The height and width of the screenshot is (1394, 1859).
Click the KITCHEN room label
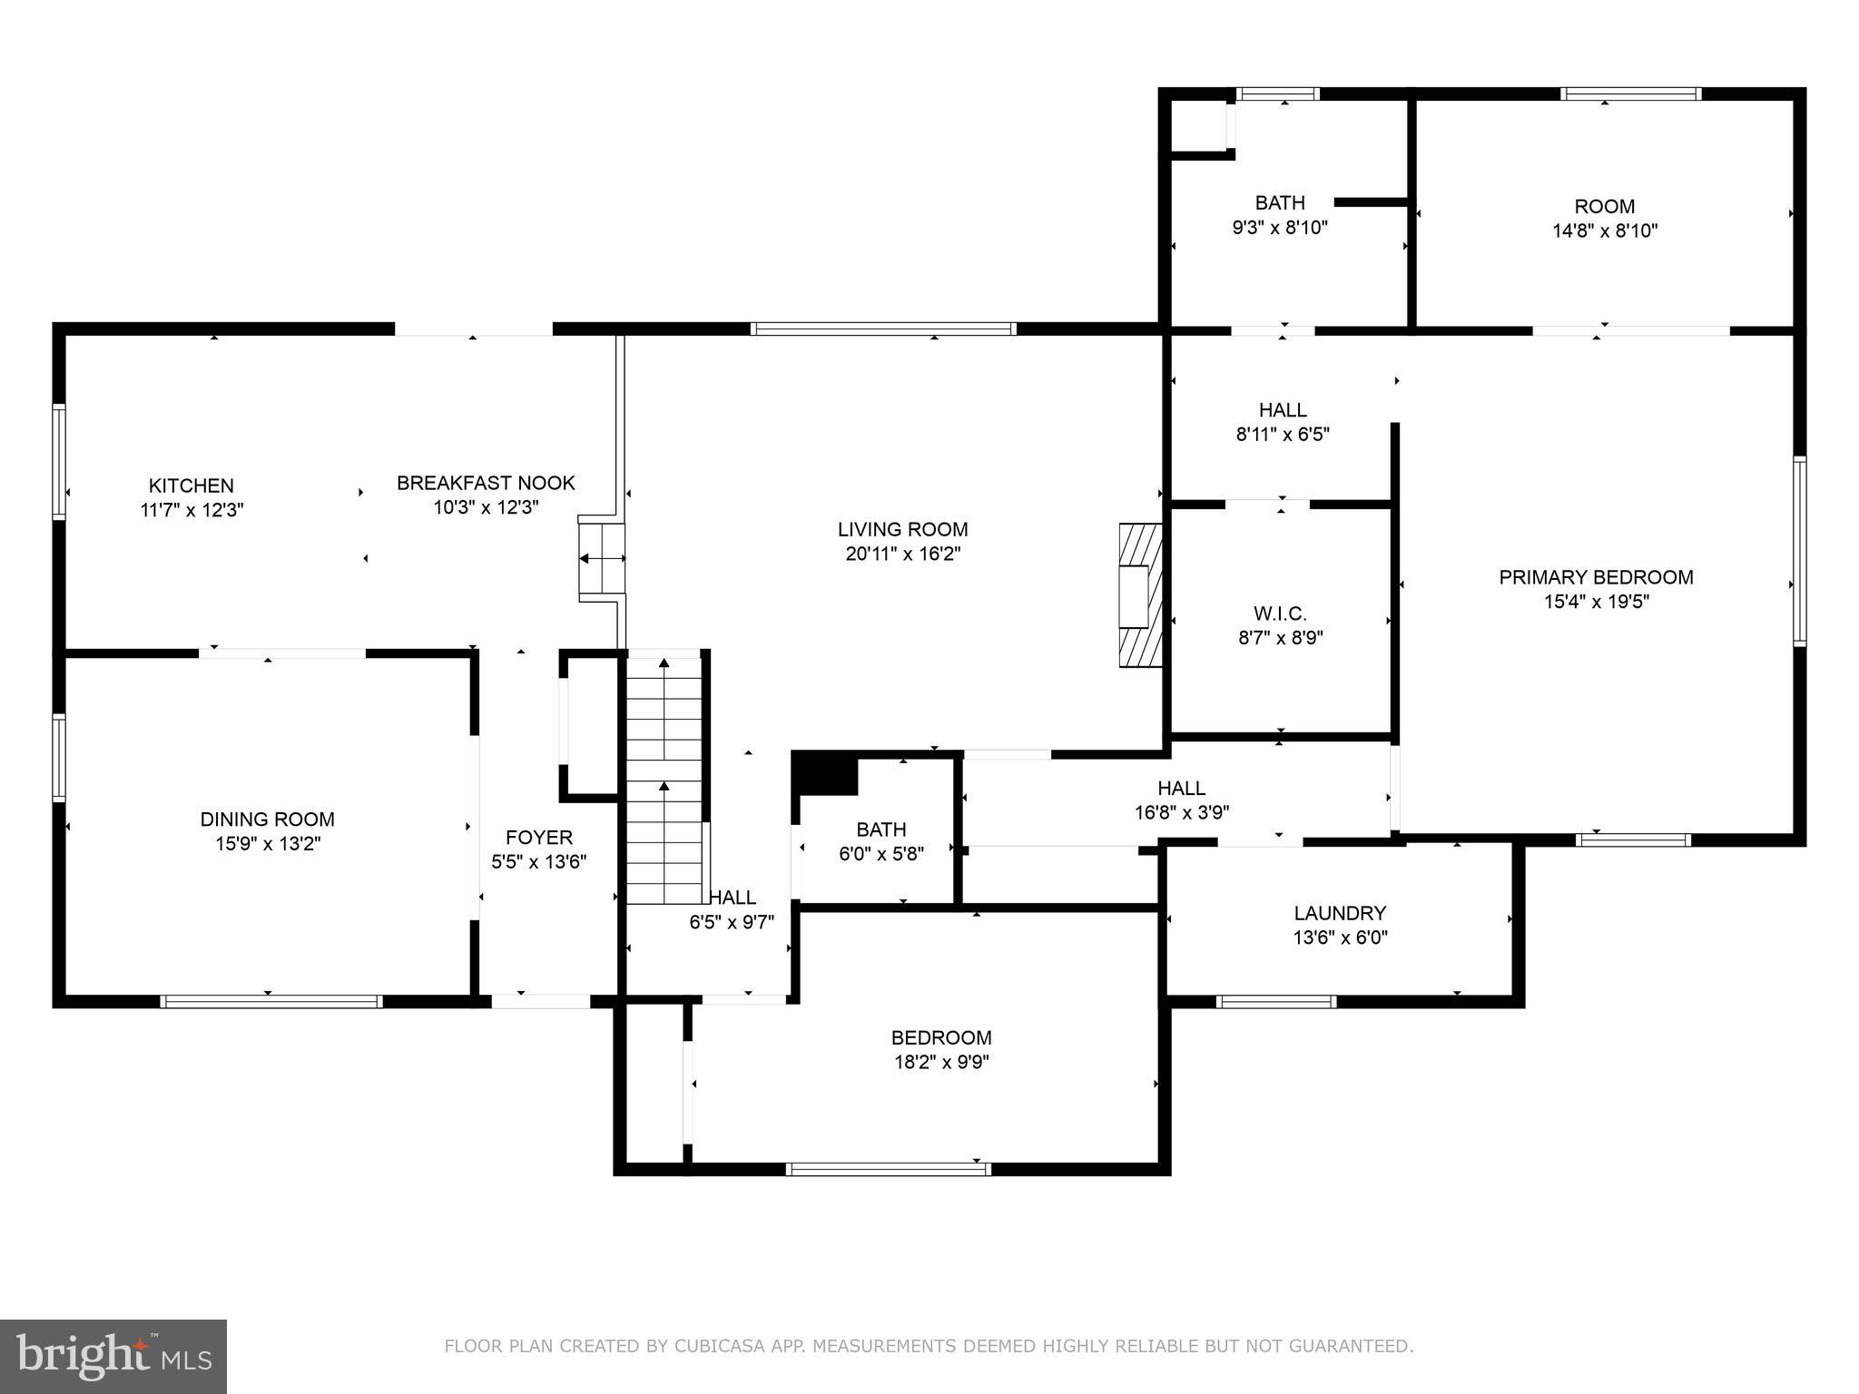192,486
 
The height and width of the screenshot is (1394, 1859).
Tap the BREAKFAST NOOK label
486,483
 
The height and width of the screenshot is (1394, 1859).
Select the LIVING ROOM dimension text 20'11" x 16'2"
903,554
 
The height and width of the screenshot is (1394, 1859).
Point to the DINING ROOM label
268,820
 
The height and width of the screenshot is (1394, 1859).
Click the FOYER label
539,838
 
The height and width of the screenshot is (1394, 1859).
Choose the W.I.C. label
1281,614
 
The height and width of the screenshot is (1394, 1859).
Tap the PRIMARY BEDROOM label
1596,577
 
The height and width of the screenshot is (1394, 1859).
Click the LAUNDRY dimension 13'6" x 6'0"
1341,938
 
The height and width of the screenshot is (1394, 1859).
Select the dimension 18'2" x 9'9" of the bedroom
941,1062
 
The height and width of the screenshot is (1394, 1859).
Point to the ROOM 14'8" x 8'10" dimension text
1605,231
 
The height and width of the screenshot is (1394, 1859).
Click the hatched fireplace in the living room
1141,595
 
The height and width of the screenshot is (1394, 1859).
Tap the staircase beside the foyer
665,778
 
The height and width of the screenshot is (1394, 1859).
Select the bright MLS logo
113,1357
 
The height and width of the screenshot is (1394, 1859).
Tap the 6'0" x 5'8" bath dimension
880,854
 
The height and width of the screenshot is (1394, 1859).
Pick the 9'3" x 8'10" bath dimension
1280,228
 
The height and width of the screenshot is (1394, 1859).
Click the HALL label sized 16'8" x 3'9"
1182,789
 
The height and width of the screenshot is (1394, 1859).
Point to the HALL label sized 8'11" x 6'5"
1283,410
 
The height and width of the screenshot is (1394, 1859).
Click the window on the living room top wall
883,329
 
